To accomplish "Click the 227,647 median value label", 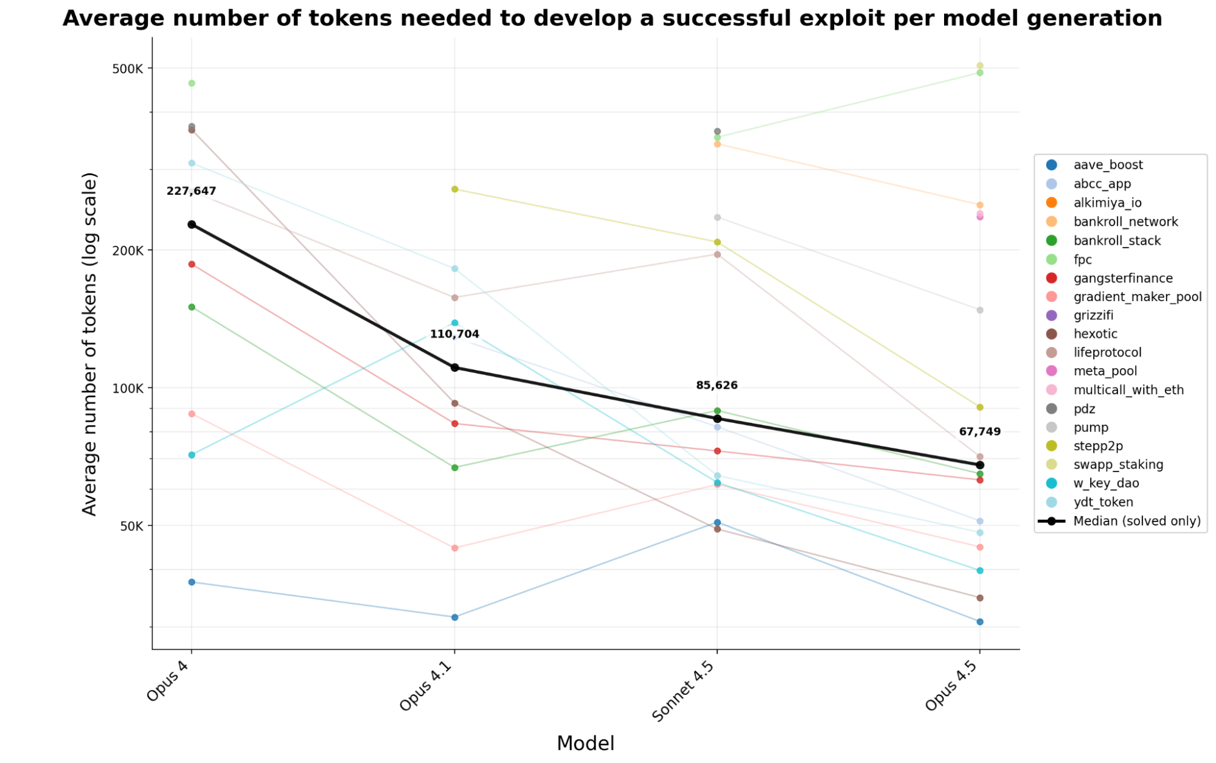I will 191,191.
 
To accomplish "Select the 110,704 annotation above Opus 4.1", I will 454,334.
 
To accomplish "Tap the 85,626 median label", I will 717,385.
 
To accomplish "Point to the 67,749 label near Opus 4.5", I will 979,431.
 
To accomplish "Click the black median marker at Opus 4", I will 192,225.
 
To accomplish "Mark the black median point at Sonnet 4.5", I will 717,419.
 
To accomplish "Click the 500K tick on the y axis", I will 127,69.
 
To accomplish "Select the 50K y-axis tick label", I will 131,526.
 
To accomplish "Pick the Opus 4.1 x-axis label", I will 426,686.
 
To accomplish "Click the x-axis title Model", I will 585,743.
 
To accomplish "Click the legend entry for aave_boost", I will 1107,165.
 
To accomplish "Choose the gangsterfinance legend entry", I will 1122,278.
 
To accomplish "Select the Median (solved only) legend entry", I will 1136,521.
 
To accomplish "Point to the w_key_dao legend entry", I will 1105,483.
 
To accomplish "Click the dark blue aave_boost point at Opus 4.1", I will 454,617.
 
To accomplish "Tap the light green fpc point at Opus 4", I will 192,83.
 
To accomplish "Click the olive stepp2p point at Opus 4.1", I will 454,189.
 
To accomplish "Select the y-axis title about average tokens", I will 89,344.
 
